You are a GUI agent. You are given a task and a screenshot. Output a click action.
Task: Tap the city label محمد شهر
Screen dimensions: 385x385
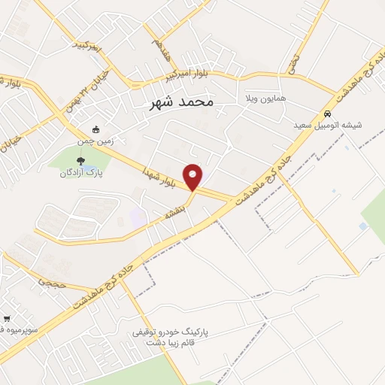(179, 100)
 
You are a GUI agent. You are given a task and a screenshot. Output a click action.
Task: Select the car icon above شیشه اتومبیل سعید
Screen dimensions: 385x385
(326, 114)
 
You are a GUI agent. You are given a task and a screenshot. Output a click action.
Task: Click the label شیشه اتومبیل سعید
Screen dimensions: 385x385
(327, 126)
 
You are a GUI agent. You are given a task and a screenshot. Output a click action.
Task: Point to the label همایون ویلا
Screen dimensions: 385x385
(262, 99)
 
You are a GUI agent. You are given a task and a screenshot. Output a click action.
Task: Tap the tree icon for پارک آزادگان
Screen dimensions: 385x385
(80, 159)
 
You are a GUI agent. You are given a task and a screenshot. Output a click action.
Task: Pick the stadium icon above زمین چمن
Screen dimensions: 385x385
(95, 129)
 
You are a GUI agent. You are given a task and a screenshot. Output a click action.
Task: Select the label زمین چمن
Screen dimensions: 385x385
(94, 141)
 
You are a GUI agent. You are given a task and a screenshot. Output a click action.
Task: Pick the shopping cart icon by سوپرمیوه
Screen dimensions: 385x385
(7, 319)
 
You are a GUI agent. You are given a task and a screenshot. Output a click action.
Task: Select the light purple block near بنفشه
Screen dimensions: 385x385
(138, 219)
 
